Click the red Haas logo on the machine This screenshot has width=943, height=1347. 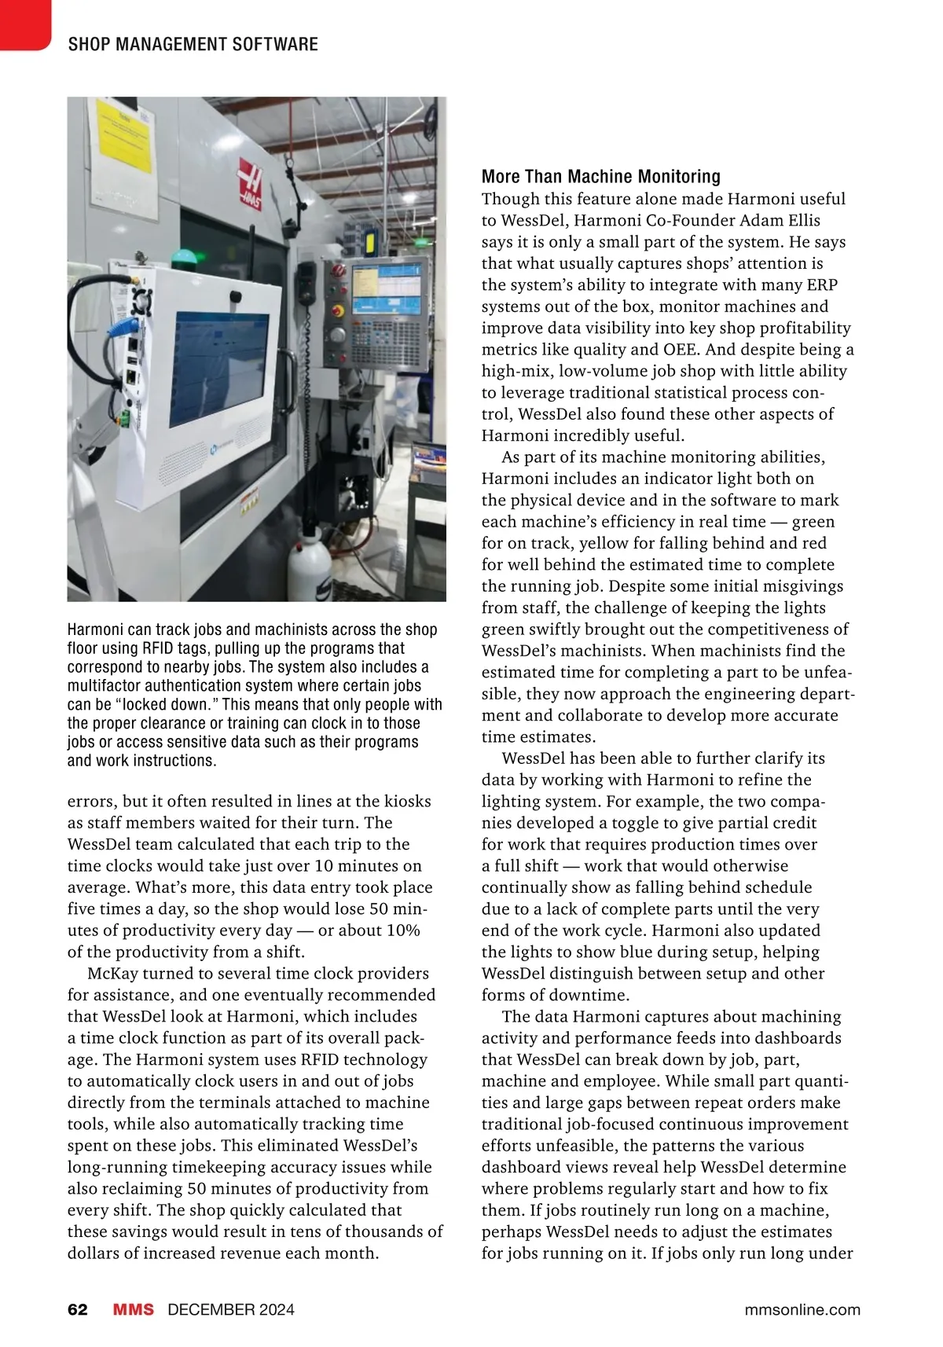coord(250,186)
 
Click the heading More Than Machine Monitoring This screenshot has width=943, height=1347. coord(600,176)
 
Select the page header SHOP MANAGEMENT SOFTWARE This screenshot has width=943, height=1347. coord(193,44)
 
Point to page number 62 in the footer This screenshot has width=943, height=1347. coord(78,1309)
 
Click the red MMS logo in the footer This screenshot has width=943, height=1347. coord(134,1309)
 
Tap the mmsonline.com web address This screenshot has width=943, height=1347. coord(802,1309)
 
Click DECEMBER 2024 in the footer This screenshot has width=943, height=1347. coord(231,1309)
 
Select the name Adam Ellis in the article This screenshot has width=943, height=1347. coord(781,221)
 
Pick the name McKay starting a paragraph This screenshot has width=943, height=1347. coord(112,973)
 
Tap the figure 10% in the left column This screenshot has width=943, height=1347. coord(401,930)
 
